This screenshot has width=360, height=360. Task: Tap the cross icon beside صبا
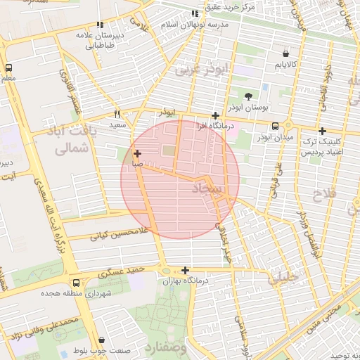tap(136, 153)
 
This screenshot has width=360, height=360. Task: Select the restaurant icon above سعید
tap(117, 113)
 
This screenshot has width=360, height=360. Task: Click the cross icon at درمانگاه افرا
tap(216, 115)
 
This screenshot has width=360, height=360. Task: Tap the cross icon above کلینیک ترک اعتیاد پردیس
tap(322, 131)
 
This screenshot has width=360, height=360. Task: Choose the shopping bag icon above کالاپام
tap(285, 53)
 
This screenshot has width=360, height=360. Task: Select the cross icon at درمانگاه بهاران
tap(185, 270)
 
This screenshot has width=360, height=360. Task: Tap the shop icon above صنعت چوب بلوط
tap(103, 340)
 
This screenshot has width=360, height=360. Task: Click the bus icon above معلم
tap(8, 68)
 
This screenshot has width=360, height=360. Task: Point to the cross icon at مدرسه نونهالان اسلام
tap(195, 13)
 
